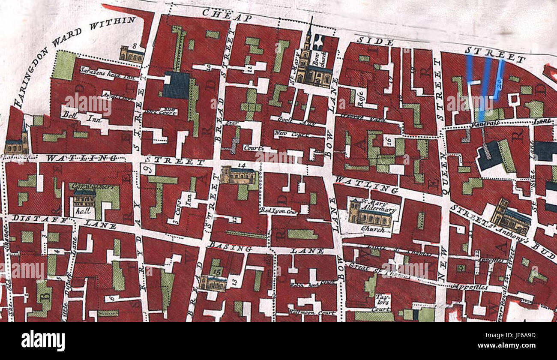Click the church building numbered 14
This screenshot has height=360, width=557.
click(x=239, y=175)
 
